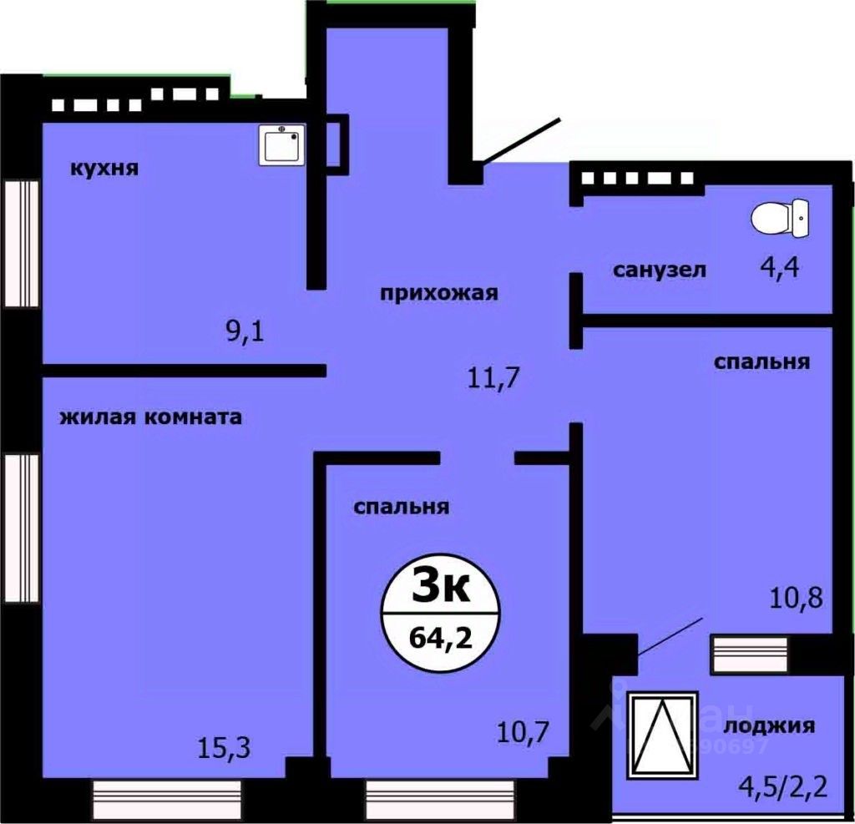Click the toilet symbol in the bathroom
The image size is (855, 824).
click(780, 218)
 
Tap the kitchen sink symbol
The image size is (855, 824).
click(281, 145)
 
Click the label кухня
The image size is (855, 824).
click(104, 169)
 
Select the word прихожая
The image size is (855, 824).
click(439, 293)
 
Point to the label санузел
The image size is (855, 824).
click(660, 270)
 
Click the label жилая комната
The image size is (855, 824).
click(151, 417)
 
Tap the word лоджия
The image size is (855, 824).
click(770, 725)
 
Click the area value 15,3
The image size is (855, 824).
click(222, 745)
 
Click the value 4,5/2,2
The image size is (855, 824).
click(782, 786)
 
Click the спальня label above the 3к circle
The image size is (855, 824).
click(402, 507)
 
